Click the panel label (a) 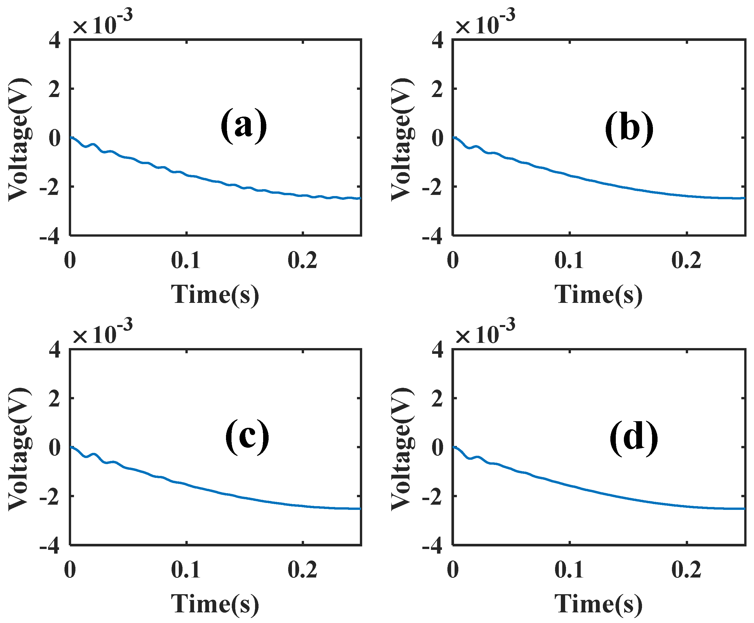(x=244, y=126)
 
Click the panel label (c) (x=247, y=437)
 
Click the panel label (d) (x=633, y=438)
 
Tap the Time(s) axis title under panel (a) (x=214, y=295)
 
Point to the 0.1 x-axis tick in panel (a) (x=185, y=261)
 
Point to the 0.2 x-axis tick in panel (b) (x=686, y=261)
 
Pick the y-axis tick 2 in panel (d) (x=437, y=399)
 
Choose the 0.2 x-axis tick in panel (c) (x=303, y=570)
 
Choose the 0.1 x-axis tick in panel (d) (x=569, y=570)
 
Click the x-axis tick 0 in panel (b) (x=453, y=261)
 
